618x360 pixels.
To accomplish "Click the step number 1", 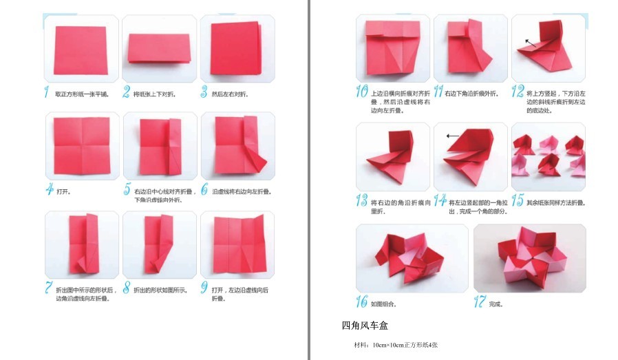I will [x=46, y=92].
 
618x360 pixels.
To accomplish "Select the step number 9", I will [x=204, y=288].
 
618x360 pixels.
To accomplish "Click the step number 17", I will [x=480, y=301].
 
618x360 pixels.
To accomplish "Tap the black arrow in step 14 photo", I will [x=452, y=136].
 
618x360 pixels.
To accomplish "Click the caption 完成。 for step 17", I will [x=496, y=303].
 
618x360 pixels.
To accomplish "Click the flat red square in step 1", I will [x=81, y=50].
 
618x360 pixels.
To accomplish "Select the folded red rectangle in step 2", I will [x=158, y=48].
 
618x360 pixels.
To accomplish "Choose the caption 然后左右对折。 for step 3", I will [x=229, y=94].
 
